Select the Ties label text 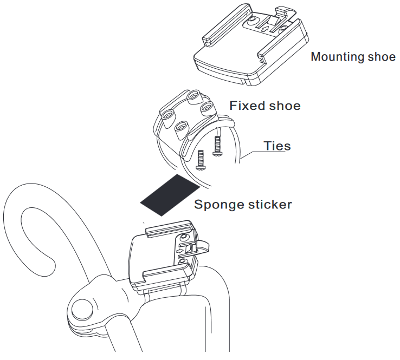[277, 146]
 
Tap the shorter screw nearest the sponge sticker [200, 159]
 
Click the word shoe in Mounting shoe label [383, 57]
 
